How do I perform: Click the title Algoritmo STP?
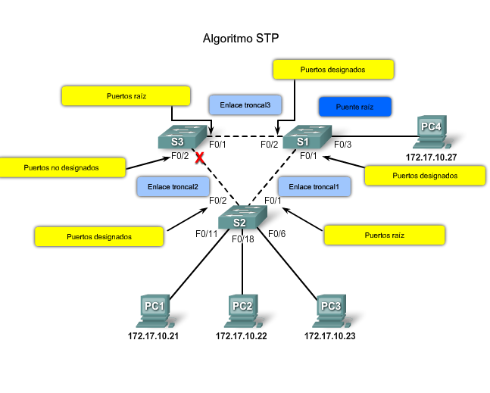(242, 38)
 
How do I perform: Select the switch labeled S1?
(306, 139)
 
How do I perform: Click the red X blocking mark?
(201, 158)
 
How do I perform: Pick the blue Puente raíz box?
(354, 107)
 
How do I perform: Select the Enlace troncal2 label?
(173, 186)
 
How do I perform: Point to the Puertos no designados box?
(62, 167)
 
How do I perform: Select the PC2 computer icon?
(242, 310)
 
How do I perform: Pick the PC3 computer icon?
(330, 310)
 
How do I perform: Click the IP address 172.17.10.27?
(432, 158)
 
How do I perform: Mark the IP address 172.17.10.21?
(154, 335)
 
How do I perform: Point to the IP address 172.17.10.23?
(330, 335)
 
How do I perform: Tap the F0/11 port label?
(206, 234)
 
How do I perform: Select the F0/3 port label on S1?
(343, 144)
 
